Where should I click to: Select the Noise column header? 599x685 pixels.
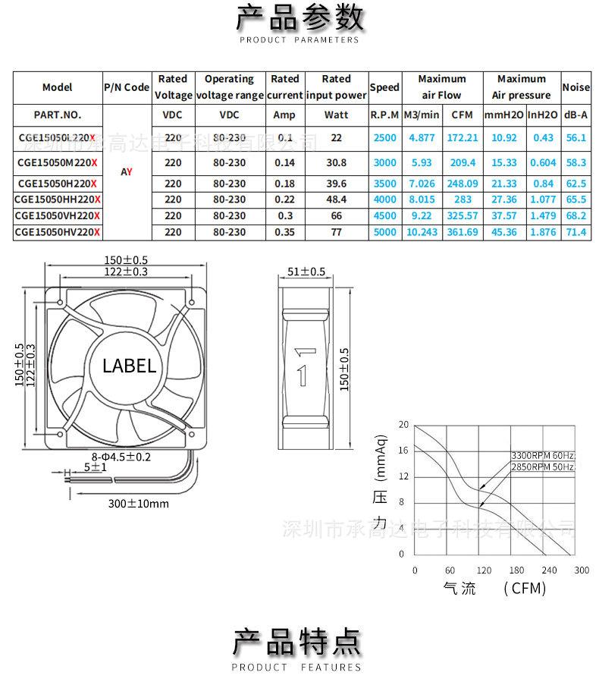[575, 87]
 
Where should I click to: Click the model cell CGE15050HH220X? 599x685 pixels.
[57, 199]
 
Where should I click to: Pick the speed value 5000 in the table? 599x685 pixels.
[384, 232]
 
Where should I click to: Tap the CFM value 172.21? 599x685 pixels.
[463, 138]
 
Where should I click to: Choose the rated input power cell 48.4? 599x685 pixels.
[336, 199]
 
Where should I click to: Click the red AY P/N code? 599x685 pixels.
[127, 171]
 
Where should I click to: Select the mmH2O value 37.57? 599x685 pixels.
[504, 215]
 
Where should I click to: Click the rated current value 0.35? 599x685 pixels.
[285, 232]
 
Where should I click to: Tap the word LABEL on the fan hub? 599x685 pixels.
[129, 366]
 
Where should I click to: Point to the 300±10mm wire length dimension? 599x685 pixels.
[138, 503]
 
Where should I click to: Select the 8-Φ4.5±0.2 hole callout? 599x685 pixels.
[121, 457]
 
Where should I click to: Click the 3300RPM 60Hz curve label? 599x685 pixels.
[543, 455]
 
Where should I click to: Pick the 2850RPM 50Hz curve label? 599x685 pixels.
[543, 467]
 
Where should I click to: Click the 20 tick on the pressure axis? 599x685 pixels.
[403, 425]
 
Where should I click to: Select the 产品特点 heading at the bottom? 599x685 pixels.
[296, 642]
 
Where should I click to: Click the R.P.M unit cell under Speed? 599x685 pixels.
[384, 115]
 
